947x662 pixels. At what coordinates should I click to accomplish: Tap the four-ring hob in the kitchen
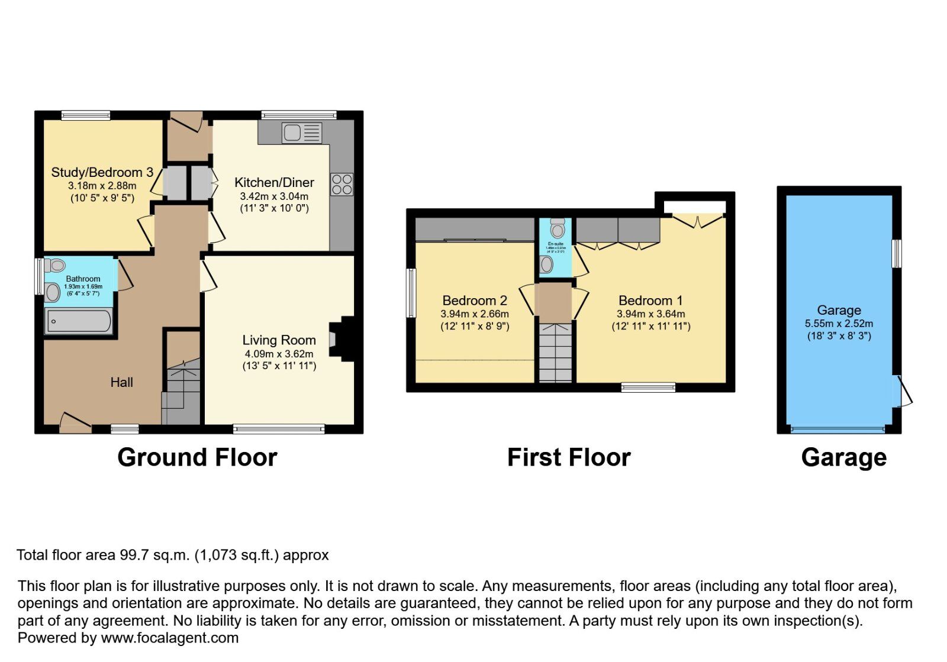point(342,184)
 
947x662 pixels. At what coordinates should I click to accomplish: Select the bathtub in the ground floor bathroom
point(79,322)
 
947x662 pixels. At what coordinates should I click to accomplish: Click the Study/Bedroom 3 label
point(102,172)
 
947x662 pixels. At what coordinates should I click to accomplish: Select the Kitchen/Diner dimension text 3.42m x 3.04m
point(274,196)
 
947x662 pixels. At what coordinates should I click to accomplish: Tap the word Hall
point(121,382)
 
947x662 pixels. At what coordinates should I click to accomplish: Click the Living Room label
point(279,340)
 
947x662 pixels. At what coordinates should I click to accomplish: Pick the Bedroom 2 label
point(475,301)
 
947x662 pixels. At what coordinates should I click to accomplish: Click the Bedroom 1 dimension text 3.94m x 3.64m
point(650,314)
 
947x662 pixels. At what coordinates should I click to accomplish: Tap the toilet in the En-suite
point(557,228)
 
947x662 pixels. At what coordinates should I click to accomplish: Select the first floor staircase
point(555,353)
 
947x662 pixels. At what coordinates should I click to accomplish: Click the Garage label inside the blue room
point(839,310)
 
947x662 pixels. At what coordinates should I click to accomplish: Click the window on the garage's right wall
point(897,253)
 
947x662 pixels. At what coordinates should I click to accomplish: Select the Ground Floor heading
point(197,457)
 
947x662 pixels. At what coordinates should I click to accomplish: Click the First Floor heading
point(569,457)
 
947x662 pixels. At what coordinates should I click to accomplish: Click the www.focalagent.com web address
point(169,638)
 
